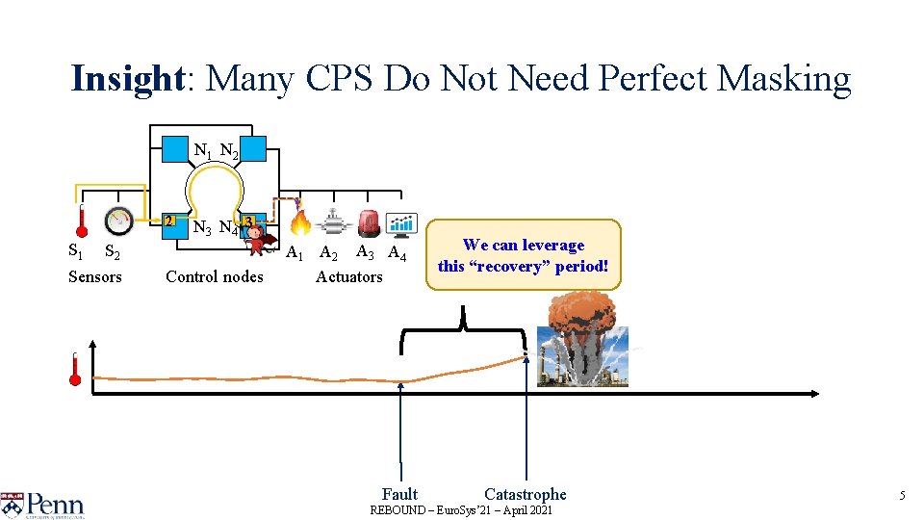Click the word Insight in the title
click(126, 79)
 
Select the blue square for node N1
click(174, 149)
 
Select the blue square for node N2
click(253, 149)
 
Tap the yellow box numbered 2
click(169, 222)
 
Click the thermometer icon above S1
click(83, 220)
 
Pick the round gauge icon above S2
click(118, 221)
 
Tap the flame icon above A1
click(300, 223)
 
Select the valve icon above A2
click(334, 224)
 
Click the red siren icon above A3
click(368, 223)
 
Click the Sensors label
click(95, 277)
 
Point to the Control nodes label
click(214, 277)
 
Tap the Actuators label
click(348, 277)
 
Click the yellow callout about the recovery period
click(524, 255)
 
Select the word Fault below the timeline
click(399, 494)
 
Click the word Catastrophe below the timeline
click(525, 494)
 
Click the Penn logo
click(43, 502)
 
